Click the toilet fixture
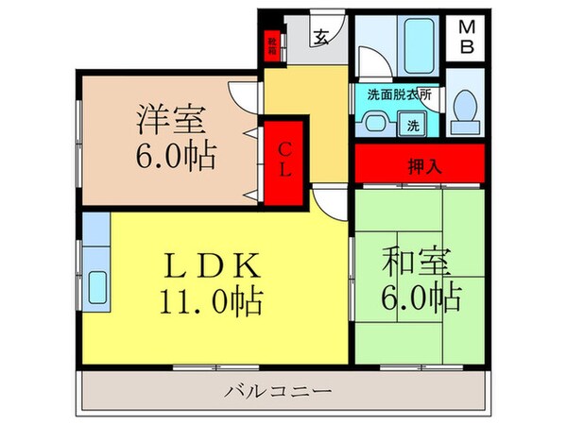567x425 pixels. [x=466, y=108]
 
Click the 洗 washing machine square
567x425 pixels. [x=414, y=123]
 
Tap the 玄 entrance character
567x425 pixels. [x=321, y=39]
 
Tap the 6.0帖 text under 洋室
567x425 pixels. [x=174, y=154]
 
